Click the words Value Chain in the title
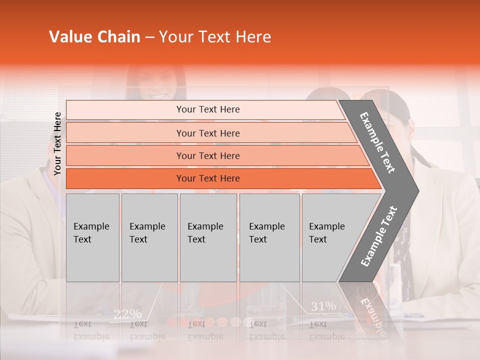(x=94, y=37)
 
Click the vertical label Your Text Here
(x=57, y=143)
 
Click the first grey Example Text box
(x=92, y=237)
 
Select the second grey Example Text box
(x=149, y=237)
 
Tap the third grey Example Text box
(x=208, y=237)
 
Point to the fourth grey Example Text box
(x=269, y=237)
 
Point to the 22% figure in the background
(x=127, y=314)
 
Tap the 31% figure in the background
(x=323, y=306)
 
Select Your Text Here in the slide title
(x=215, y=37)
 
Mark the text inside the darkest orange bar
(x=208, y=178)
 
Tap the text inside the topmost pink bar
(x=208, y=109)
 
